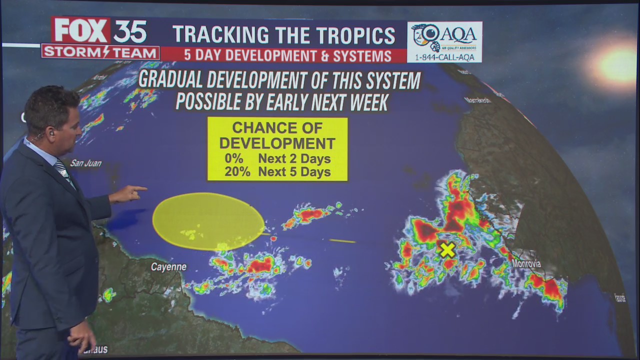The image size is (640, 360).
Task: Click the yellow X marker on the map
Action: coord(447,250)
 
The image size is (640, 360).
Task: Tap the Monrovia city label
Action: coord(526,263)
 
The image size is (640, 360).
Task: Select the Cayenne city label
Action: coord(169,267)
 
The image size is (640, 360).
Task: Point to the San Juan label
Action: coord(86,163)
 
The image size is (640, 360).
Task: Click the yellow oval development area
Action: coord(208,221)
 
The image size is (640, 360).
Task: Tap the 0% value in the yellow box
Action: coord(234,159)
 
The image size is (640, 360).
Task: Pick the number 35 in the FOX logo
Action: coord(129,31)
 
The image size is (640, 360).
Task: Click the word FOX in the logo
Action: coord(81,31)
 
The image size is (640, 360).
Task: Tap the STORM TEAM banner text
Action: coord(100,52)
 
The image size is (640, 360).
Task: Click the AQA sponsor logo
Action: coord(444,37)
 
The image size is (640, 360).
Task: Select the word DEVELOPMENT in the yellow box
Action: coord(277,143)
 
